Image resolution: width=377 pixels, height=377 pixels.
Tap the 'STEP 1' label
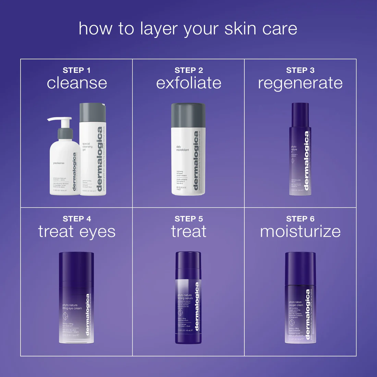click(x=76, y=70)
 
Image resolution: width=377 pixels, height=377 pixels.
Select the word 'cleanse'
click(x=77, y=83)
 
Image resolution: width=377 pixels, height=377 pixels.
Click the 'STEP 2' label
click(x=188, y=70)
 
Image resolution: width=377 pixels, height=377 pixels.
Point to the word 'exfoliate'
click(x=188, y=83)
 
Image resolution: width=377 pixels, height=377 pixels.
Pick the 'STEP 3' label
click(x=300, y=70)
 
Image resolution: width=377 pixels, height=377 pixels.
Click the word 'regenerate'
click(x=300, y=83)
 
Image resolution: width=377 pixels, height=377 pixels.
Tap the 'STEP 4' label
click(x=76, y=219)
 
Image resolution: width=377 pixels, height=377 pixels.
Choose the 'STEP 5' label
click(x=188, y=219)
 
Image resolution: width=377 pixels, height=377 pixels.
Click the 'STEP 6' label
click(x=300, y=219)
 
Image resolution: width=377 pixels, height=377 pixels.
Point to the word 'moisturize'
click(x=300, y=232)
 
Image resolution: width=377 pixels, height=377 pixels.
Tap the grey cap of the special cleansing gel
click(x=92, y=113)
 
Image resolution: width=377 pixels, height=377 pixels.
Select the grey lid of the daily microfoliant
click(x=188, y=115)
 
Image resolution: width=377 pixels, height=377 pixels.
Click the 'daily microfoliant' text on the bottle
click(x=182, y=148)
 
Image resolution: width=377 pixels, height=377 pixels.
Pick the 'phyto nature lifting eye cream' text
click(x=72, y=307)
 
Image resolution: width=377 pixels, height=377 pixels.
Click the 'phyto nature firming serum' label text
click(x=185, y=297)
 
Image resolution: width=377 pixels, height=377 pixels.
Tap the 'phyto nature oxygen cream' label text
click(x=296, y=304)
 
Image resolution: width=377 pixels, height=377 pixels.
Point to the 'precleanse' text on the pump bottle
click(x=59, y=163)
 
